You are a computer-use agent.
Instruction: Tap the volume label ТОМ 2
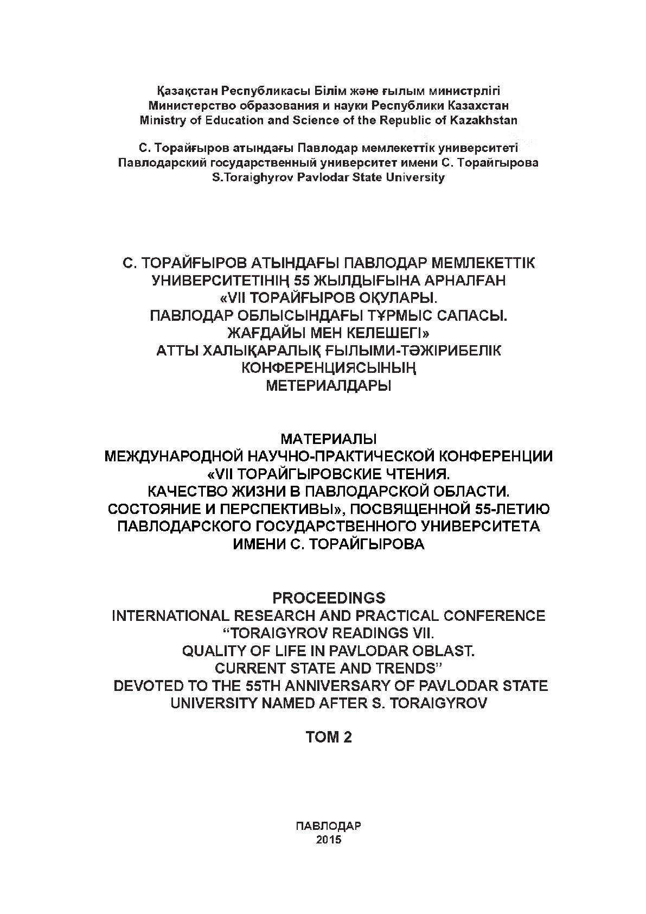pos(329,737)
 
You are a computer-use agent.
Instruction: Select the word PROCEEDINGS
pos(329,598)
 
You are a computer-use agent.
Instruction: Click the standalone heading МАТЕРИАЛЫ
pos(329,437)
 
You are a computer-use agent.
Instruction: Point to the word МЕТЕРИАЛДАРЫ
pos(329,386)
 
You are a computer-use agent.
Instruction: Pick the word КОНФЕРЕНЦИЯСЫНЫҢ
pos(329,369)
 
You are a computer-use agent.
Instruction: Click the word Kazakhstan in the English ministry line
pos(484,120)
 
